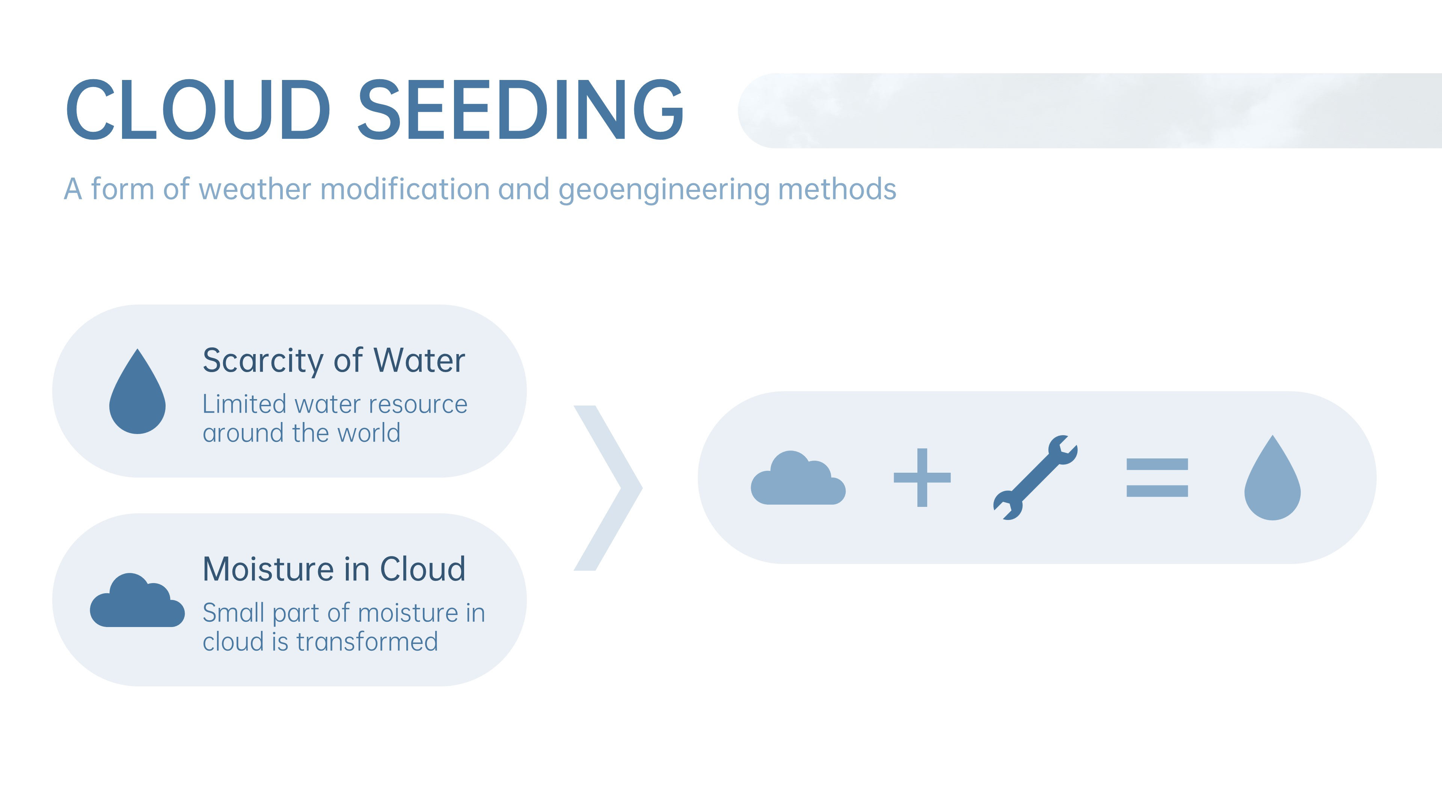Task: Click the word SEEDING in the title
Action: click(520, 110)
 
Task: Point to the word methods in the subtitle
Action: click(837, 189)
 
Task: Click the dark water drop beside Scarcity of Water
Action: click(137, 395)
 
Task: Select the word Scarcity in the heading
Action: click(263, 361)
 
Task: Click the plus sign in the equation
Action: click(922, 478)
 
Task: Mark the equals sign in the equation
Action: click(1157, 478)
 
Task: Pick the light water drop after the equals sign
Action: click(1272, 481)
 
